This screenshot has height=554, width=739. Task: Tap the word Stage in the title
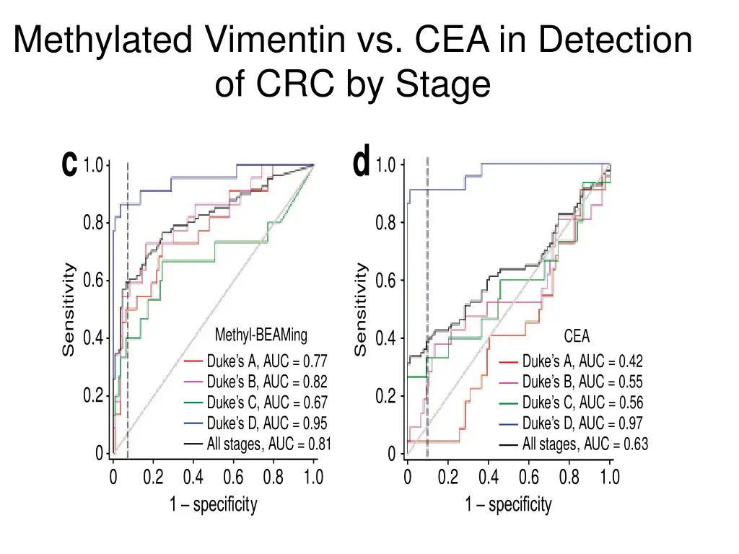pyautogui.click(x=445, y=84)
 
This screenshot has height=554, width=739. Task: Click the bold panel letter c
pyautogui.click(x=69, y=164)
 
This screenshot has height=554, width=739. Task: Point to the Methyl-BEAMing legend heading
pyautogui.click(x=261, y=335)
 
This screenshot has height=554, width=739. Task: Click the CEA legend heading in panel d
pyautogui.click(x=576, y=337)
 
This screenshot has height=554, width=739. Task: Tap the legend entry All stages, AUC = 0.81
pyautogui.click(x=268, y=444)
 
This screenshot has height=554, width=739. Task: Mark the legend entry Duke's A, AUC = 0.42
pyautogui.click(x=582, y=361)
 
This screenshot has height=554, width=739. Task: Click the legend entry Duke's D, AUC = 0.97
pyautogui.click(x=582, y=423)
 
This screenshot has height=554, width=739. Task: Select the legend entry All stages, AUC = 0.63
pyautogui.click(x=585, y=444)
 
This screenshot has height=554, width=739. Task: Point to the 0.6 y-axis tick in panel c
pyautogui.click(x=93, y=281)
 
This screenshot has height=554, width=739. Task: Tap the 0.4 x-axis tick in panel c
pyautogui.click(x=193, y=477)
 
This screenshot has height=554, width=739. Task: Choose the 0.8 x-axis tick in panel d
pyautogui.click(x=569, y=477)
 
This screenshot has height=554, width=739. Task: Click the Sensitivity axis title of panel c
pyautogui.click(x=69, y=309)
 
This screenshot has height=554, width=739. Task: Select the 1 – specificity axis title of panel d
pyautogui.click(x=508, y=505)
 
